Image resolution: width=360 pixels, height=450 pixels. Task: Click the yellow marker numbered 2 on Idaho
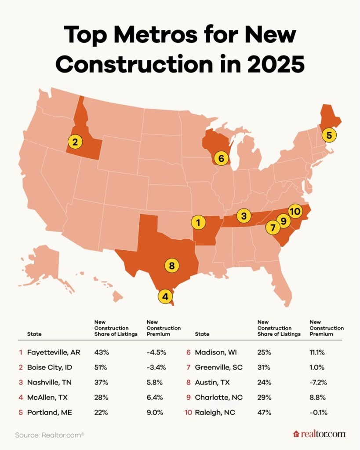75,142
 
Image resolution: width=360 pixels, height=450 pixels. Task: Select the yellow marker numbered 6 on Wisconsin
221,157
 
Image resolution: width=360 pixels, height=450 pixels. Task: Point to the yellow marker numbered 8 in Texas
172,265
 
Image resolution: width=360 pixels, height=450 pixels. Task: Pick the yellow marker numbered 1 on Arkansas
199,223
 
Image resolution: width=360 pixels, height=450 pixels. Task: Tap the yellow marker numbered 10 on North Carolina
295,212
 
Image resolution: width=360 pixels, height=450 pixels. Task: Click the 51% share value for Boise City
101,367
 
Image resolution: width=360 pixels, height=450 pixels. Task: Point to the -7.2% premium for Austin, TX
318,382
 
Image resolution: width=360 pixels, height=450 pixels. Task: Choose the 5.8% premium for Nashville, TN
154,382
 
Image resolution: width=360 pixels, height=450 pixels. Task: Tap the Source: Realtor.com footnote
50,435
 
